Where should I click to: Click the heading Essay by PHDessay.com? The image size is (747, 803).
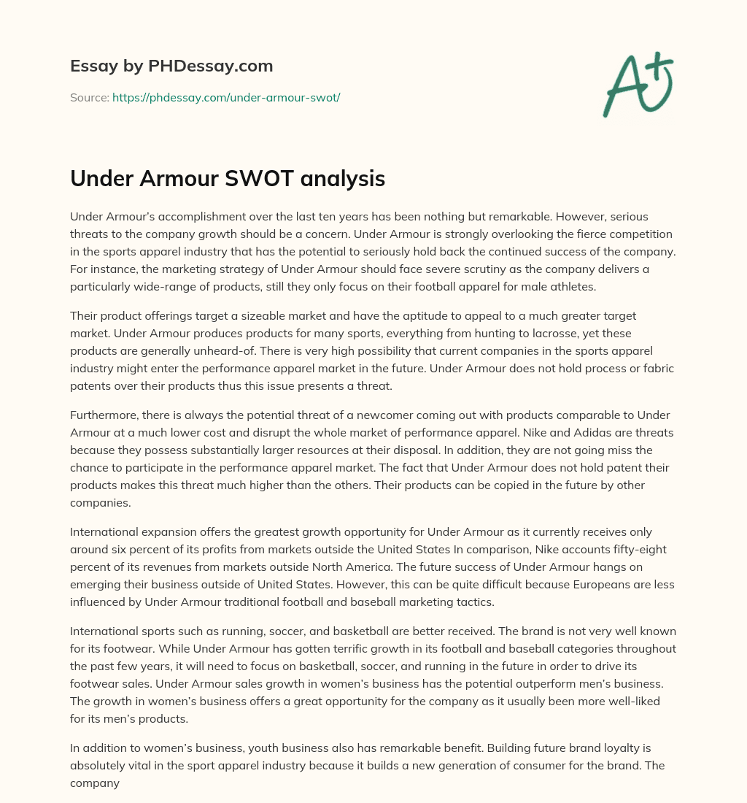coord(171,66)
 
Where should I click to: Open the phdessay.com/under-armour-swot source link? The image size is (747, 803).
coord(226,97)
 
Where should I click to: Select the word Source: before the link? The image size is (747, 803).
coord(89,97)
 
